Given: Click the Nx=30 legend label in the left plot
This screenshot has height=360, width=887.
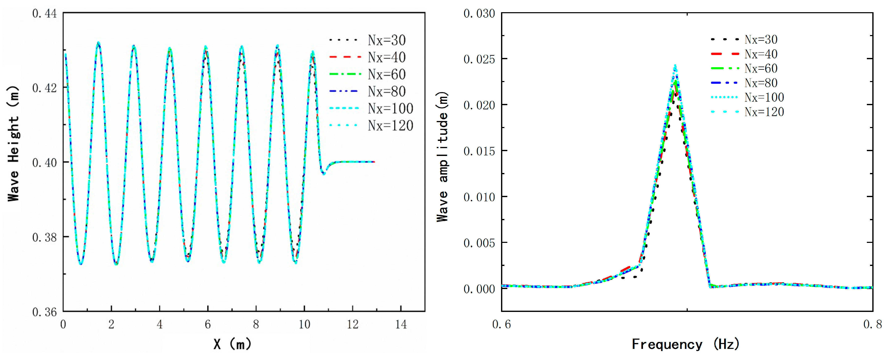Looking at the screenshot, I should click(x=386, y=40).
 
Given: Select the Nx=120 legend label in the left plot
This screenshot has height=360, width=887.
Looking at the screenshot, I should click(x=390, y=126).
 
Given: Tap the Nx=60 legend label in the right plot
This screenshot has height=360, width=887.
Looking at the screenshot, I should click(x=761, y=68).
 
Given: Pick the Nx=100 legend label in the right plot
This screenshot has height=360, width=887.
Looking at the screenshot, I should click(x=764, y=97).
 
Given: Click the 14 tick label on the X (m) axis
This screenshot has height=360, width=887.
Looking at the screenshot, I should click(x=401, y=324).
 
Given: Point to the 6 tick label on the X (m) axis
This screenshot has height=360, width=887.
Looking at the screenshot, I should click(x=208, y=324).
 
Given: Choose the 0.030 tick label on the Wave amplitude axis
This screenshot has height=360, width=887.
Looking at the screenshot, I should click(x=479, y=14).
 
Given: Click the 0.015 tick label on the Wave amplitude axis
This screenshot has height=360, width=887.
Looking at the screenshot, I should click(x=479, y=151).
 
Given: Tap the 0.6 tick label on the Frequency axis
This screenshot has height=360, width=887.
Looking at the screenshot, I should click(x=501, y=324).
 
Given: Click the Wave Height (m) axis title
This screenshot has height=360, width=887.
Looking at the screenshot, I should click(x=14, y=144).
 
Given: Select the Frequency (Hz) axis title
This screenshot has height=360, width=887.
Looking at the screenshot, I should click(x=685, y=344).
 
